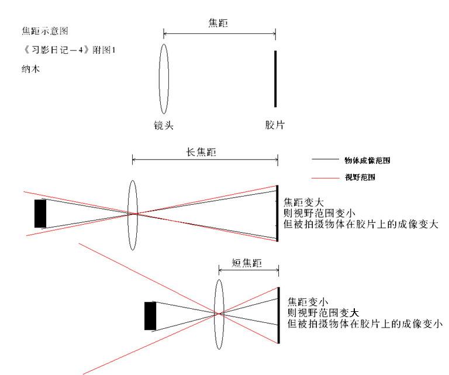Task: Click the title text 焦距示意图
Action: pos(45,30)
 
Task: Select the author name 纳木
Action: pos(30,69)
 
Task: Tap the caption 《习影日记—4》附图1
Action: pos(69,50)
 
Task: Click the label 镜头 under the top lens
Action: pos(164,125)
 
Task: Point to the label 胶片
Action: pos(275,125)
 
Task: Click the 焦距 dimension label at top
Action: pos(218,23)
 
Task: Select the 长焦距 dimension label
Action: pos(201,152)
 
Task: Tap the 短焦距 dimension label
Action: pos(247,263)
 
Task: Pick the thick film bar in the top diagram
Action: pos(275,79)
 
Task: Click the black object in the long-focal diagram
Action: pos(40,214)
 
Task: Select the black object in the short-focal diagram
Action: pos(150,316)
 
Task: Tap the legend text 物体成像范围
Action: pos(367,160)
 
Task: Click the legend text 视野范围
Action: pos(360,177)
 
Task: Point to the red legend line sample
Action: pos(325,178)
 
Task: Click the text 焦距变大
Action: pos(303,202)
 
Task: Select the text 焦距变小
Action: pos(308,302)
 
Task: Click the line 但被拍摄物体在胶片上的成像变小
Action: pos(365,324)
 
